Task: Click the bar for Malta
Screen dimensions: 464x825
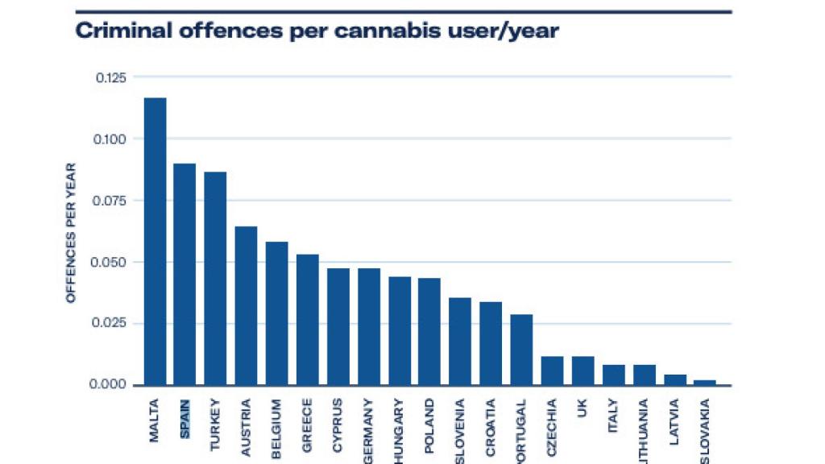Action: coord(155,241)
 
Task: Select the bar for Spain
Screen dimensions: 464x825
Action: coord(184,274)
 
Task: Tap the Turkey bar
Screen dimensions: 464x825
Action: coord(215,278)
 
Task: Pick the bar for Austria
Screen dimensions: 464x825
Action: coord(246,305)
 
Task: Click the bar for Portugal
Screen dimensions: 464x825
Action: coord(521,350)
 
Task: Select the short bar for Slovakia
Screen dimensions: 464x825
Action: coord(705,383)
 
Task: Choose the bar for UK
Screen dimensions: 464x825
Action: coord(582,371)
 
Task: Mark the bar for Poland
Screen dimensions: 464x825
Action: coord(429,331)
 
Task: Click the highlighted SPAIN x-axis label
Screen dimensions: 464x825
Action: coord(185,419)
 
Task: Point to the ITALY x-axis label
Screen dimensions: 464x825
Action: coord(614,416)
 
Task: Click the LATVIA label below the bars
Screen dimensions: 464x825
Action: coord(675,420)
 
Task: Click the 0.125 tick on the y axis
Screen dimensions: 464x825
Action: coord(111,77)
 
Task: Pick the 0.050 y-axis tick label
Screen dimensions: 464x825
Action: coord(111,262)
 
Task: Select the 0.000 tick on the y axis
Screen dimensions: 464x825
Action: coord(111,384)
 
